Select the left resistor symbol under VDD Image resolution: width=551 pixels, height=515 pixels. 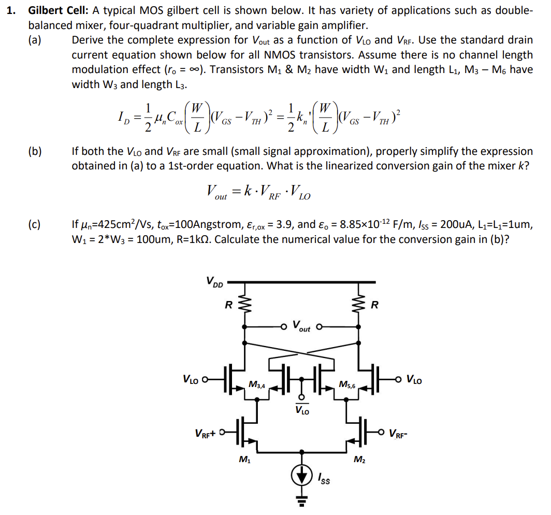[x=245, y=306]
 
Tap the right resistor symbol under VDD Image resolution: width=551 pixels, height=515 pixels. [x=358, y=306]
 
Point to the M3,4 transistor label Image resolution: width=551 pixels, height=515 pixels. [x=257, y=384]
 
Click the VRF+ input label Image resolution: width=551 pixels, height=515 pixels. [x=206, y=433]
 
